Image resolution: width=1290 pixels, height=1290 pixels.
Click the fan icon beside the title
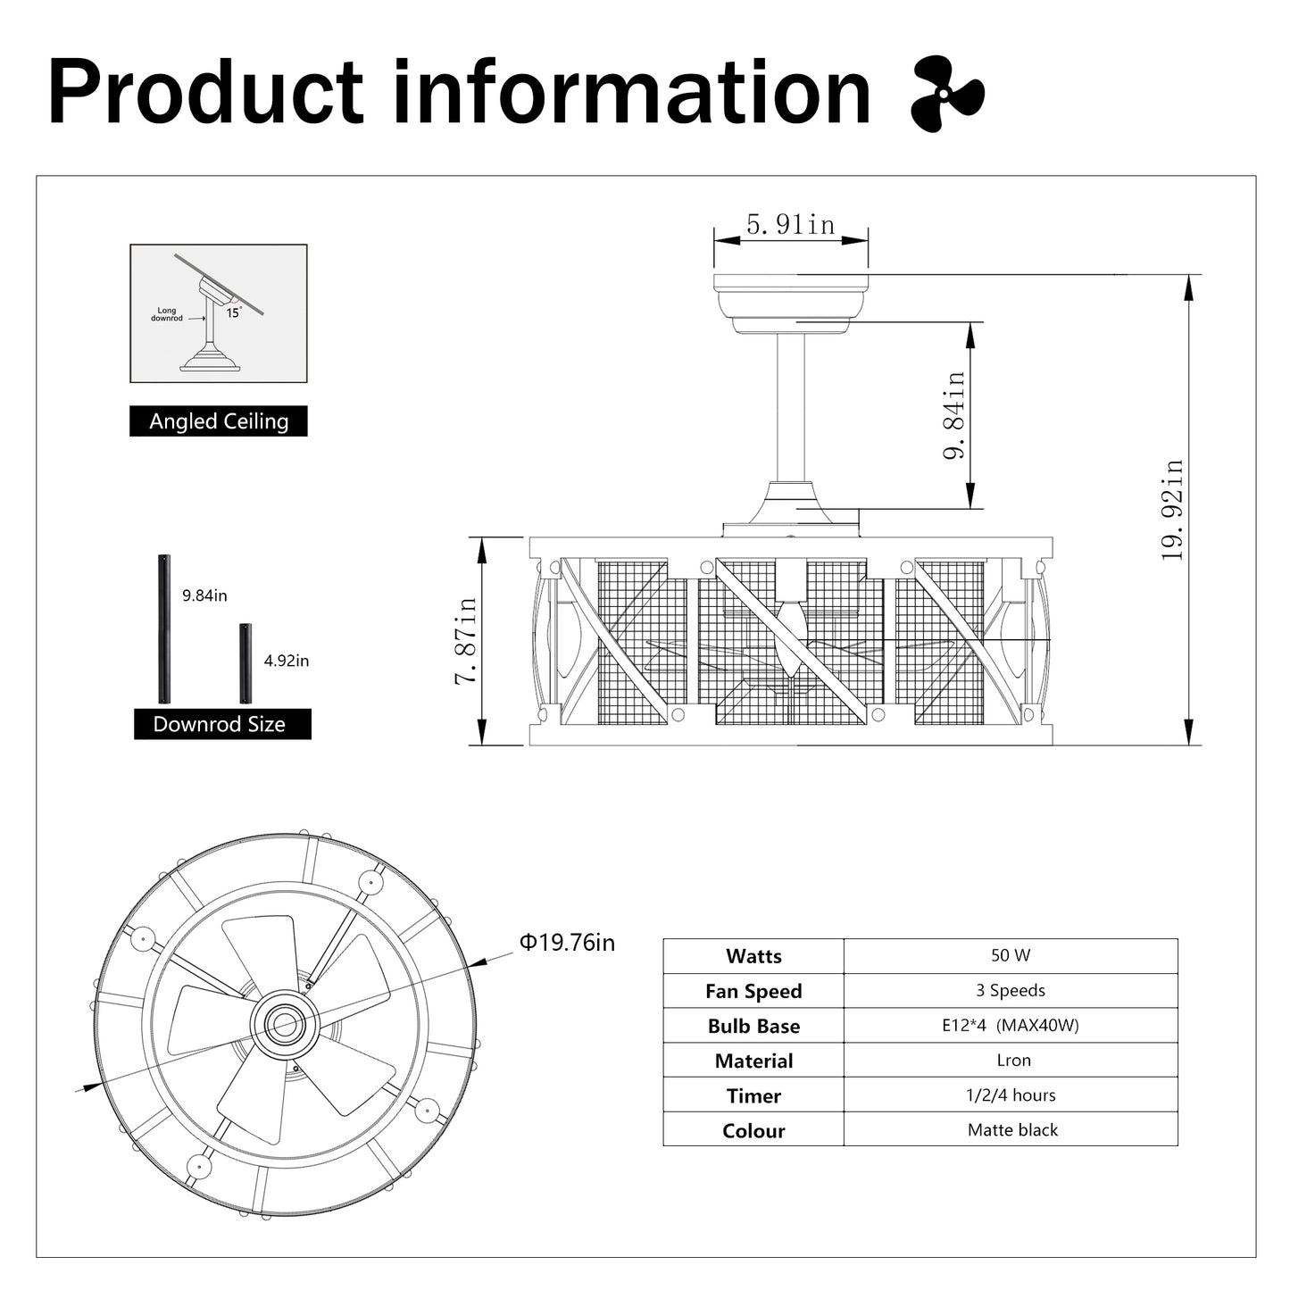947,94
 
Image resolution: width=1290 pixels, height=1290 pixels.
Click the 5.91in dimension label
791,224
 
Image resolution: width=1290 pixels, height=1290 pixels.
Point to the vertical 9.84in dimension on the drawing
954,415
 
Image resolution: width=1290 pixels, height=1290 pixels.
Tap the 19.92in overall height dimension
1172,510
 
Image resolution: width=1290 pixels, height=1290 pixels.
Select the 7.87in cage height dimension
466,640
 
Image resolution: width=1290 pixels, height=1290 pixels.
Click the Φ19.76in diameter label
567,943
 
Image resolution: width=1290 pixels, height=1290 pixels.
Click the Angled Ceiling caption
218,421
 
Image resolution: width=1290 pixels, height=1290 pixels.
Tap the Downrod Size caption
219,724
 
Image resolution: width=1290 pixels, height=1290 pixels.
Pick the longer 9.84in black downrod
164,628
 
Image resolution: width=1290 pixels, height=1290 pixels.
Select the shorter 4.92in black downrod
246,663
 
